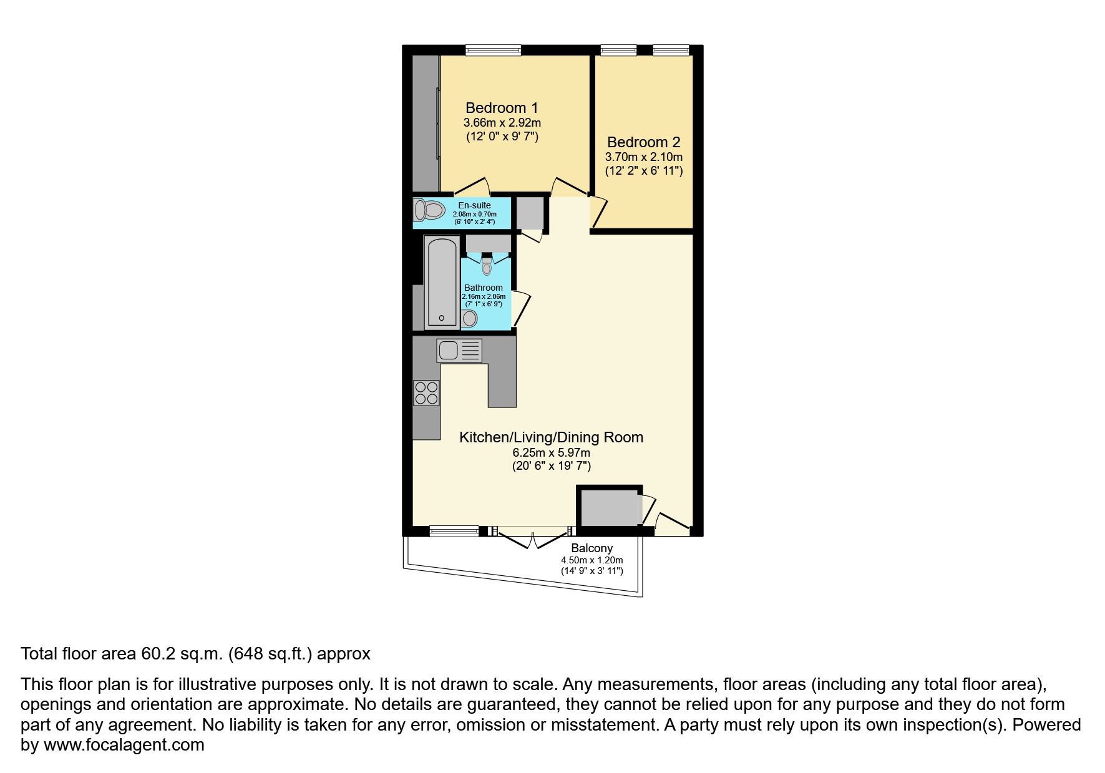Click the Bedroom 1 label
pos(502,108)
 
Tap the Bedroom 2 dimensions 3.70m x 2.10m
pos(643,157)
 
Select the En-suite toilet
pos(428,210)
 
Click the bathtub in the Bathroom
pos(441,281)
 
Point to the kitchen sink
pos(459,350)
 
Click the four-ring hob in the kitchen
pos(426,393)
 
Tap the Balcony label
pos(591,548)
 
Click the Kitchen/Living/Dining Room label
pos(551,437)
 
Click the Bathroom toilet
pos(487,268)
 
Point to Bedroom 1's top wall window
pos(493,51)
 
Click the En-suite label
pos(474,205)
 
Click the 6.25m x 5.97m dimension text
pos(551,452)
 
